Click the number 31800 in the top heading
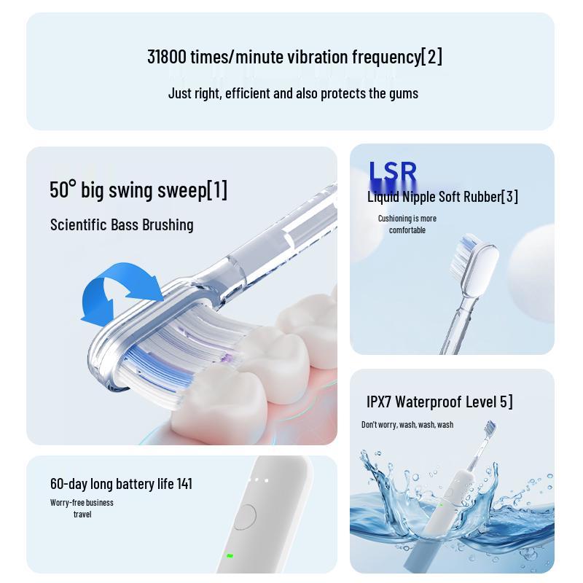point(166,57)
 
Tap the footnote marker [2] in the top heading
point(431,57)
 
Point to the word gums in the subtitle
point(404,93)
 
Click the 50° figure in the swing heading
point(63,190)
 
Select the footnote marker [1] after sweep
point(217,190)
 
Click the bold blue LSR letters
point(392,173)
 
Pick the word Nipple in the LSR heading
point(418,197)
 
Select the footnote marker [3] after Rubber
point(509,197)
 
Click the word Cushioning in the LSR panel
point(394,219)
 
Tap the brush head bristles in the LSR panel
point(467,251)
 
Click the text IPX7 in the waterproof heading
point(379,402)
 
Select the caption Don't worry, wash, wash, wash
point(407,425)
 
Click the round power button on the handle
point(246,517)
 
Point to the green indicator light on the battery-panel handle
point(230,555)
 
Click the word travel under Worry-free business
point(82,514)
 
